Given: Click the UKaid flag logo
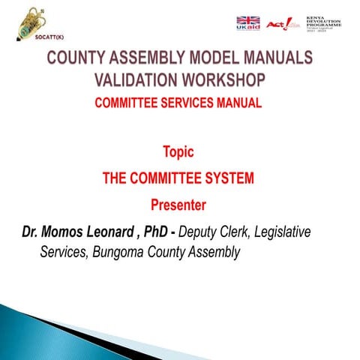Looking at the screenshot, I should coord(248,24).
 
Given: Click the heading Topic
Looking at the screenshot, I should coord(178,152).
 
